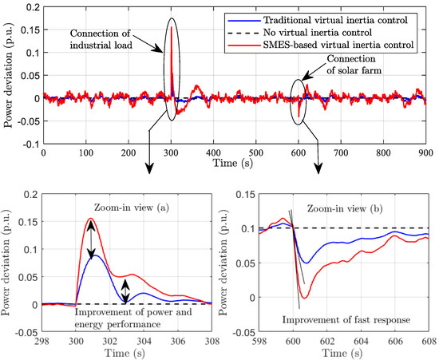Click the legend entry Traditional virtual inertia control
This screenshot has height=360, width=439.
tap(338, 15)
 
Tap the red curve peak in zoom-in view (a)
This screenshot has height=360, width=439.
tap(90, 219)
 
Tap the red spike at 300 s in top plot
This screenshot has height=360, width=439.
tap(172, 29)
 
